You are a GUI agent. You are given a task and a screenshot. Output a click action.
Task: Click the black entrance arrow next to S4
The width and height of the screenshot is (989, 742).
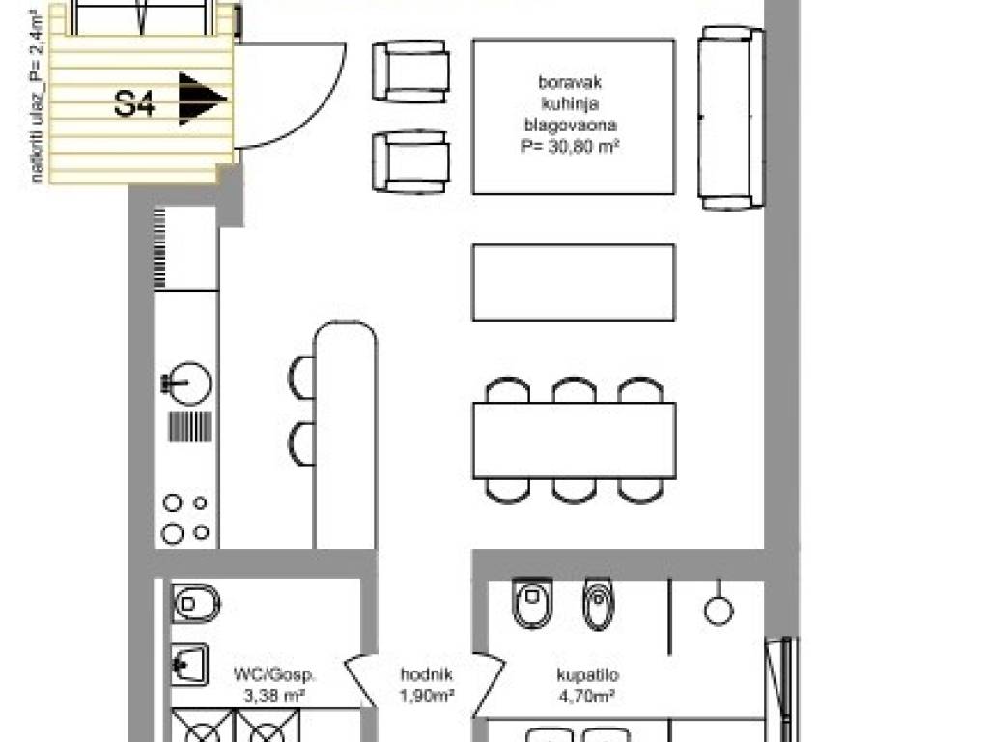[201, 99]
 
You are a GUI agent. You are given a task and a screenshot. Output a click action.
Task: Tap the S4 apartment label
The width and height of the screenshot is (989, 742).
[134, 103]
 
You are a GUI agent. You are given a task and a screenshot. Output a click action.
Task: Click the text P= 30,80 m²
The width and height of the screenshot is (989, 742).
[570, 147]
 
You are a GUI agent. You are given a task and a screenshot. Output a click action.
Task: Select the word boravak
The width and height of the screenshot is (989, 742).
[570, 82]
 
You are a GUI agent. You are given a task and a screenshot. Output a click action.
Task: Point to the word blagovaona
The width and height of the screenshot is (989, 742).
[570, 125]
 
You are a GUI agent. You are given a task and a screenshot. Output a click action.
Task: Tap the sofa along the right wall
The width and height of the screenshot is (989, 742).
[731, 118]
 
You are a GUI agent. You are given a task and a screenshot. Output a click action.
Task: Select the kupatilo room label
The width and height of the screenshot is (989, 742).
[587, 675]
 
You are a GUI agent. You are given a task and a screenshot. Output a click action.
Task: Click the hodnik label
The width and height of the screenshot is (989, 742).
[426, 674]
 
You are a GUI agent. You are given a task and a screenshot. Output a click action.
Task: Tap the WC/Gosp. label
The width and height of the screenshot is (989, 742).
[274, 674]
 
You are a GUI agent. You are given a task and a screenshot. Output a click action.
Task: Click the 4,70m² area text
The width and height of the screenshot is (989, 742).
[587, 697]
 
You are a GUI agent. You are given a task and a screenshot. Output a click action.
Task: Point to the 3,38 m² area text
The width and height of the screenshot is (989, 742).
[274, 697]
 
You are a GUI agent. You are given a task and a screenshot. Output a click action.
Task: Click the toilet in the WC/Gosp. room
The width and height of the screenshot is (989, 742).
[196, 604]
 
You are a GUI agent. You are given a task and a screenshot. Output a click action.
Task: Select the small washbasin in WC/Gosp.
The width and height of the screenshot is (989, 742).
[190, 665]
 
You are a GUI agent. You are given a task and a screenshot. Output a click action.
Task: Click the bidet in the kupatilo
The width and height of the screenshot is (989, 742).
[598, 604]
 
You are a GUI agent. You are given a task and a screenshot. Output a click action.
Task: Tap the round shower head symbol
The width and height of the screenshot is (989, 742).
[718, 611]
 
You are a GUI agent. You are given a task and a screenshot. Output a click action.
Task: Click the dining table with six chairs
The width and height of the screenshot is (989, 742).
[574, 441]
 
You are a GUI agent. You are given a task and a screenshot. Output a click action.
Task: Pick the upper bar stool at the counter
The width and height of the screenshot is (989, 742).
[302, 378]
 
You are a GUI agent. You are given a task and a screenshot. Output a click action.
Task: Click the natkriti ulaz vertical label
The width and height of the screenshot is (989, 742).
[38, 96]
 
